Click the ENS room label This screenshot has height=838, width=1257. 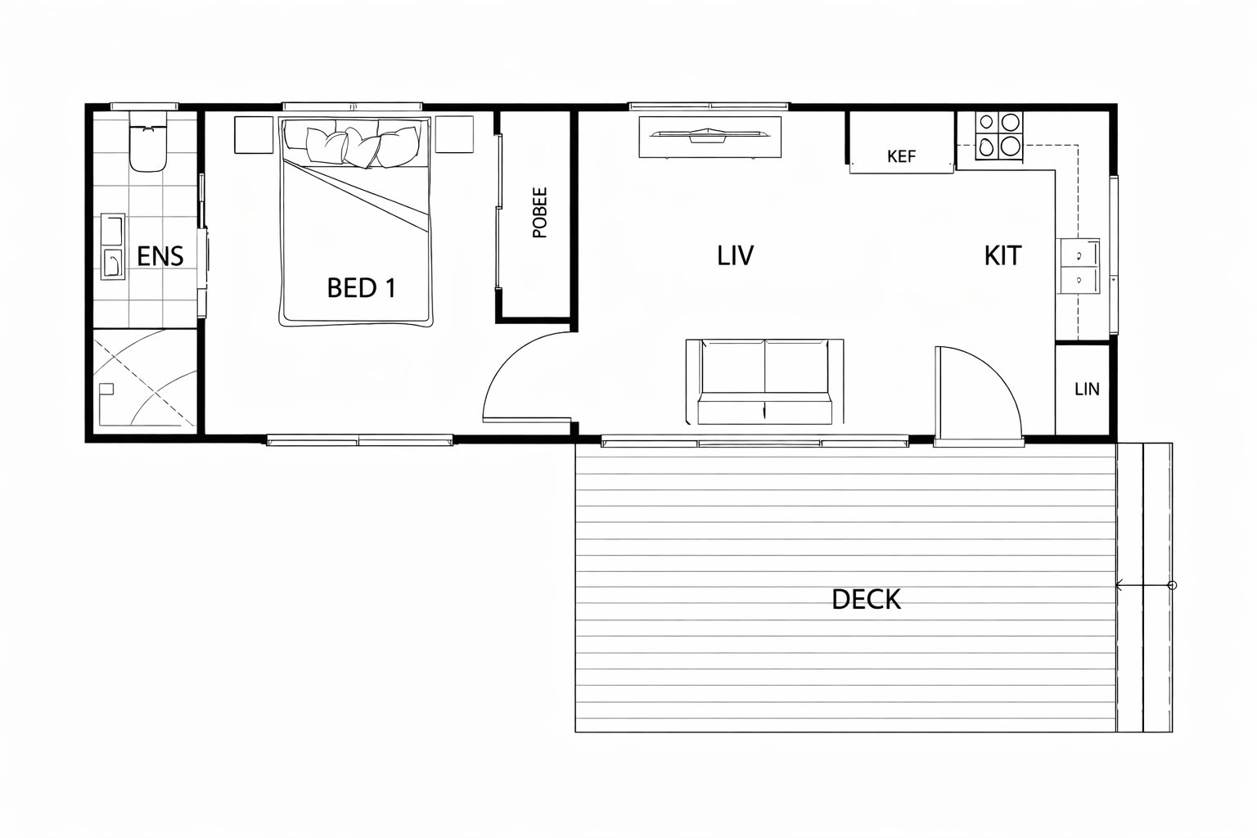click(x=160, y=256)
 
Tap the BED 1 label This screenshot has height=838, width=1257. click(x=362, y=288)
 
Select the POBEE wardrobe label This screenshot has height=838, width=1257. click(x=539, y=213)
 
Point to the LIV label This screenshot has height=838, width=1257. click(x=735, y=255)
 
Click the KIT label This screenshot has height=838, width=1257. click(x=1002, y=255)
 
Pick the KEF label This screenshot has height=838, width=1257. click(x=901, y=156)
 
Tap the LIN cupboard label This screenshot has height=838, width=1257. click(x=1087, y=389)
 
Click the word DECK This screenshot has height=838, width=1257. click(x=866, y=600)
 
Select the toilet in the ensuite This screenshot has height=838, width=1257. click(x=148, y=141)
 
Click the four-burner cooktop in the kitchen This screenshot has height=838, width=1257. click(x=999, y=136)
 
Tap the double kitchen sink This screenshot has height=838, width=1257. click(x=1078, y=265)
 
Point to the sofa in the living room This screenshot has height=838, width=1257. click(x=764, y=381)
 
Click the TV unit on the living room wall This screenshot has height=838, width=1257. click(x=710, y=137)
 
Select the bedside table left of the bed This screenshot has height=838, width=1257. click(x=255, y=135)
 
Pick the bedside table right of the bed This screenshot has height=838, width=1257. click(x=454, y=134)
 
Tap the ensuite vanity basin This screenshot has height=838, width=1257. click(x=112, y=246)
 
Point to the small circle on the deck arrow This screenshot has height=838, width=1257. click(x=1172, y=585)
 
